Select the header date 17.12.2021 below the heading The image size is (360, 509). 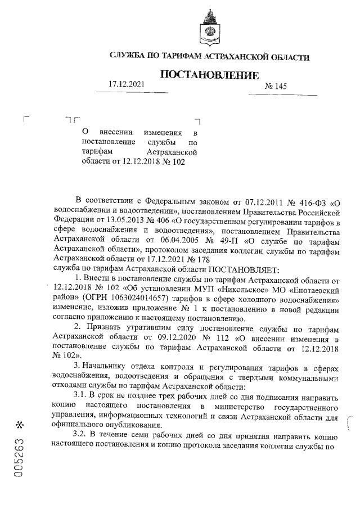point(127,84)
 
